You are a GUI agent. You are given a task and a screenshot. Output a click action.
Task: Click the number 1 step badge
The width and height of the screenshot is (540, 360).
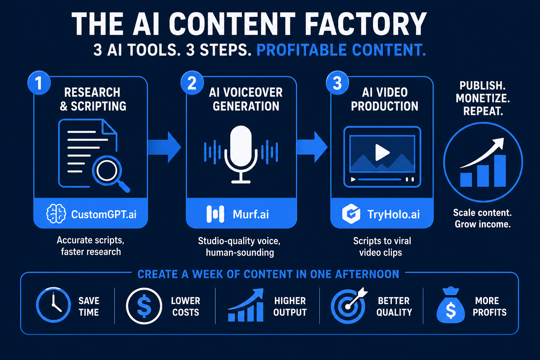[39, 83]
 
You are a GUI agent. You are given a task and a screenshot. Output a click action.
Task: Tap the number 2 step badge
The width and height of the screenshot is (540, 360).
[192, 83]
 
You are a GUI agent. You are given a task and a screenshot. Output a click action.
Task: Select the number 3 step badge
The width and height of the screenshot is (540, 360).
[337, 83]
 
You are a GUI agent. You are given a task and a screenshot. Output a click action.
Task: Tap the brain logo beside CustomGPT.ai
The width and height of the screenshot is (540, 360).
[56, 214]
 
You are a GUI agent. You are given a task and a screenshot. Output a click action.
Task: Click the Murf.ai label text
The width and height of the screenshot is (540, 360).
[251, 214]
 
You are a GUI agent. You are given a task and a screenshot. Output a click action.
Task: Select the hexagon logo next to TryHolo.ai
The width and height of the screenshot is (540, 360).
[351, 214]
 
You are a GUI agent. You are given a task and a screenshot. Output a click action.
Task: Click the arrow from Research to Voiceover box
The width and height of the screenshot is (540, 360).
[164, 147]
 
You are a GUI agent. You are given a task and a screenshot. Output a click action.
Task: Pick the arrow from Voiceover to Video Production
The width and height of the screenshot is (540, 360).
[312, 147]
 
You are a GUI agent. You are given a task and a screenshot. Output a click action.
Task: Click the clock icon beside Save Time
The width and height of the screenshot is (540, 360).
[53, 305]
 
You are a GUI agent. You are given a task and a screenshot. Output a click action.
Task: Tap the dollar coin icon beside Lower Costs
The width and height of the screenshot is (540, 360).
[144, 306]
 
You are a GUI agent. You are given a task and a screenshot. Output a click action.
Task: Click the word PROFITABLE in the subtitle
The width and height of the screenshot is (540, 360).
[301, 50]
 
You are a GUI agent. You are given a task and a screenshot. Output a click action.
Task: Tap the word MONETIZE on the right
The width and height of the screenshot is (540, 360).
[483, 98]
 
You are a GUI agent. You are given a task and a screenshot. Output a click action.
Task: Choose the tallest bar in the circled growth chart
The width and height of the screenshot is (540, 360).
[500, 171]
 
